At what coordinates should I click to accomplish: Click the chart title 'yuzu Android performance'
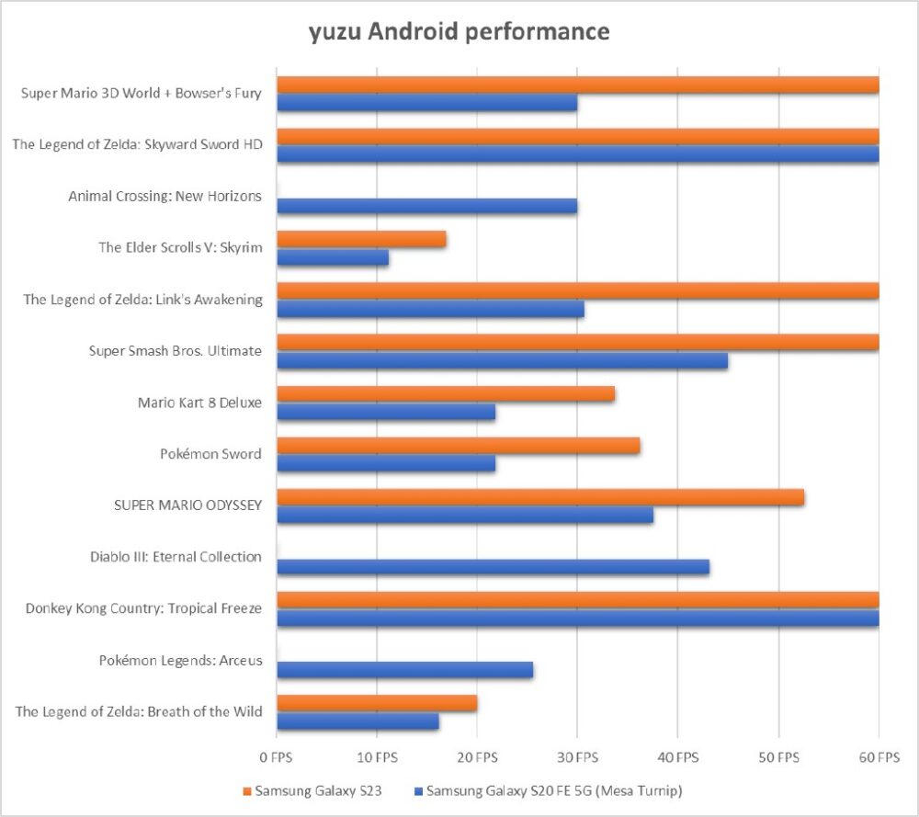(x=459, y=32)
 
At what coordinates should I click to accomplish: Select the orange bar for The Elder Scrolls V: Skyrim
(x=361, y=240)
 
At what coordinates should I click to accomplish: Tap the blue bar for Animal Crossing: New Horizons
(x=426, y=206)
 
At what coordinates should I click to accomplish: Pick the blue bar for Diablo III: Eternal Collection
(x=493, y=567)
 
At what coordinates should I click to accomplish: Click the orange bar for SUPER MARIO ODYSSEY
(x=540, y=497)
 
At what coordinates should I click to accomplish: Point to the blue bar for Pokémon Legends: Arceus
(x=404, y=670)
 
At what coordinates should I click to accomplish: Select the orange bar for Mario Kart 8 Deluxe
(x=446, y=394)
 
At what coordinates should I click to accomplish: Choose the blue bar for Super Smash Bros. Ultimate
(x=502, y=361)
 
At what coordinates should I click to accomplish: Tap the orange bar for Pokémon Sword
(x=458, y=446)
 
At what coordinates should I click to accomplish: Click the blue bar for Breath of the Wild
(x=357, y=721)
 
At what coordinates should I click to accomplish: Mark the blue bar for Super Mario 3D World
(x=426, y=103)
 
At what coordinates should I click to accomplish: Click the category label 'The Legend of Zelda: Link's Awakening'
(x=142, y=300)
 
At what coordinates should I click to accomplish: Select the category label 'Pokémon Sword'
(x=210, y=454)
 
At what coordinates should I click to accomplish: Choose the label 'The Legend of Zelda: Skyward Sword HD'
(x=137, y=144)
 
